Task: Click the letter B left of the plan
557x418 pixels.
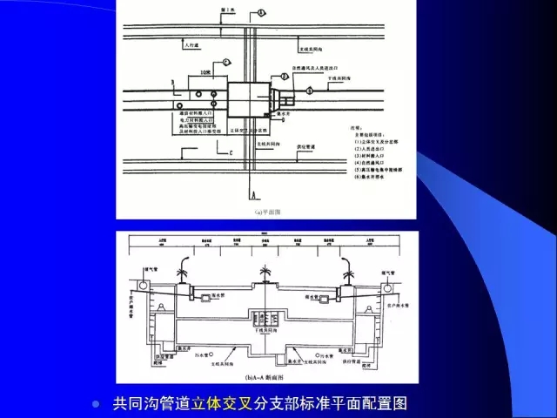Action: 173,83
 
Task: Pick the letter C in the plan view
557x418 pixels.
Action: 232,153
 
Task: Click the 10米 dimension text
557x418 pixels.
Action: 205,71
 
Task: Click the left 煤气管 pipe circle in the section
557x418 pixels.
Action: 140,285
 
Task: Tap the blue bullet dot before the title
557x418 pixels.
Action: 97,404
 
